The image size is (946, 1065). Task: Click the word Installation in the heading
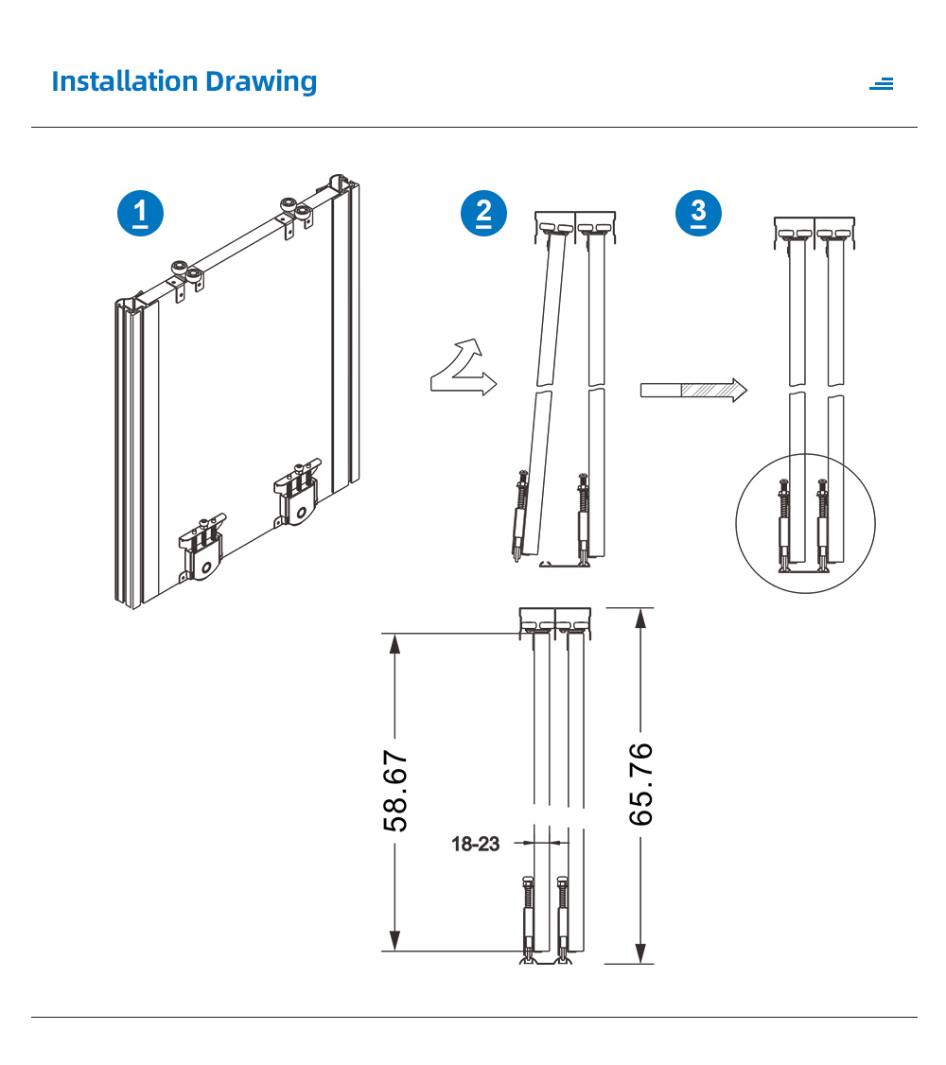(124, 80)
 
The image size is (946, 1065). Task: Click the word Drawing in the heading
(261, 82)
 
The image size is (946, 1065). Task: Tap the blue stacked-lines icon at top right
(882, 83)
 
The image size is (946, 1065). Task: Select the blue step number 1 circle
(141, 213)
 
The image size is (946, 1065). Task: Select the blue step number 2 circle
(483, 213)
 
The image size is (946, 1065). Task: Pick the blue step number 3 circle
(698, 213)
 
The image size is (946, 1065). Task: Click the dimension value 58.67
(395, 792)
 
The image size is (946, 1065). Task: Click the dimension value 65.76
(640, 784)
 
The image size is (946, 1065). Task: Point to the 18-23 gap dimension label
(476, 844)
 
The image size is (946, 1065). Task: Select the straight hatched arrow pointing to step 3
(693, 390)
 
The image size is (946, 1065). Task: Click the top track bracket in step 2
(575, 227)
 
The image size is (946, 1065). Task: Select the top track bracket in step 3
(815, 233)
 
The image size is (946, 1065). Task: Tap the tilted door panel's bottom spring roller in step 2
(519, 516)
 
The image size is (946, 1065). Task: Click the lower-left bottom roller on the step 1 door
(201, 548)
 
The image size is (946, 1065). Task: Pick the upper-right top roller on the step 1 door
(297, 213)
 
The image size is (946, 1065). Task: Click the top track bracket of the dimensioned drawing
(555, 622)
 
